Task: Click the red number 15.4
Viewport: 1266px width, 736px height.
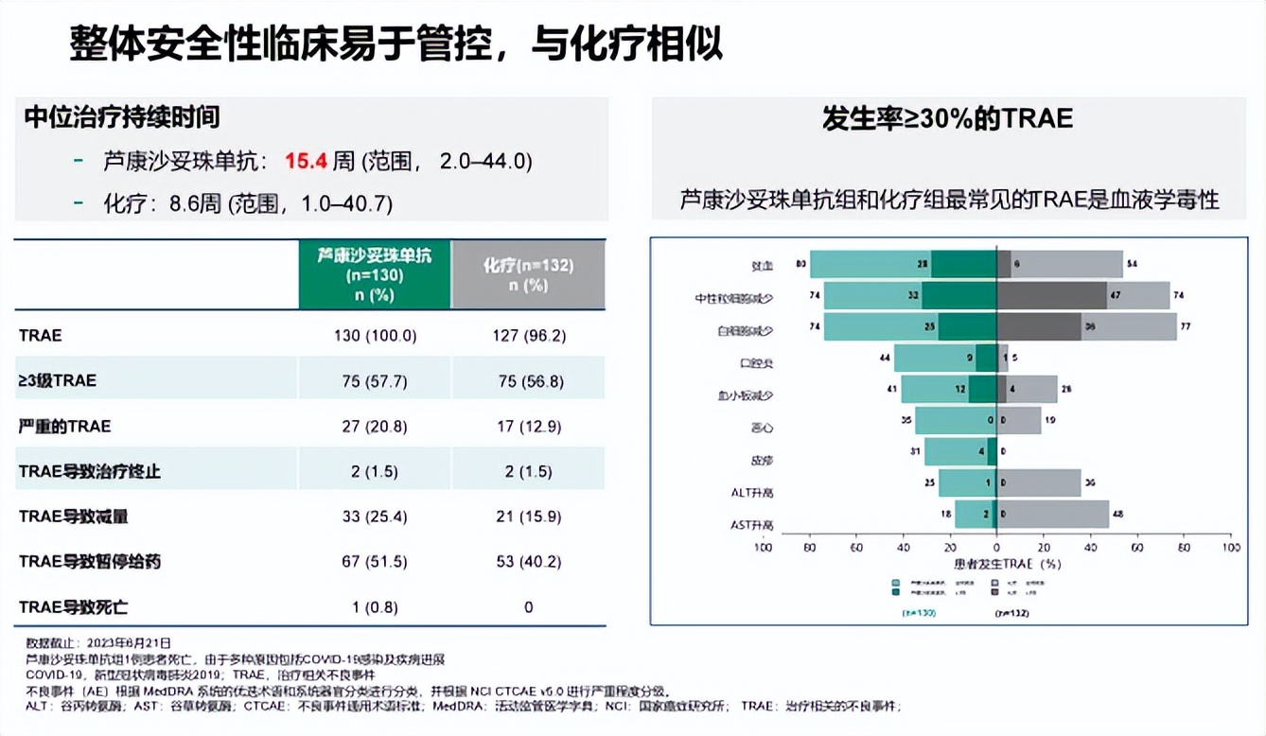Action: coord(306,162)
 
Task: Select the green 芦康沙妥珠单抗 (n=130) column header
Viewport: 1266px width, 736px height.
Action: coord(374,274)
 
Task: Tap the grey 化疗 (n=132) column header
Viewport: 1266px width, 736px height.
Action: coord(528,274)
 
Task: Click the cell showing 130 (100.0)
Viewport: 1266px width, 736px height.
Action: coord(374,335)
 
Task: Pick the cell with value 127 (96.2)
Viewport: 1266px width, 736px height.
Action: coord(528,335)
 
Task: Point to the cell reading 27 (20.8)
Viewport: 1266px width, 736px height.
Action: coord(374,426)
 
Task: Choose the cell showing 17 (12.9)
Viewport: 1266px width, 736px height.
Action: coord(528,426)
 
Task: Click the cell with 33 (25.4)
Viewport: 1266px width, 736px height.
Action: coord(374,517)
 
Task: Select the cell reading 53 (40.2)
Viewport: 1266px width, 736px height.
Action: coord(528,562)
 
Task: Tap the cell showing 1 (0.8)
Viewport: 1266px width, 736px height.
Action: coord(374,606)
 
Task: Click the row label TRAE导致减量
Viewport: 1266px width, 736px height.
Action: coord(74,517)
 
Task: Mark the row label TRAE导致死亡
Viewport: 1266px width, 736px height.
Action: coord(74,606)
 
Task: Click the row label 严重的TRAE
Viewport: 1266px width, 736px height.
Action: coord(65,426)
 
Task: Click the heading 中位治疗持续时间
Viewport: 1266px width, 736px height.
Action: coord(122,116)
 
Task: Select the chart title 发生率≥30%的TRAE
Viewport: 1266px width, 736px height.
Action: coord(947,119)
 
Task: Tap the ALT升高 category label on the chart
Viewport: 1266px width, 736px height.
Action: coord(752,493)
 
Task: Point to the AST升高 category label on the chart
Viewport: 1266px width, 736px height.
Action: coord(752,525)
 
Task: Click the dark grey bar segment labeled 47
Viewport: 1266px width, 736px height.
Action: coord(1051,295)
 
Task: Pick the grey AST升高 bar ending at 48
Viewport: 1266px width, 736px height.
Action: coord(1052,515)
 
